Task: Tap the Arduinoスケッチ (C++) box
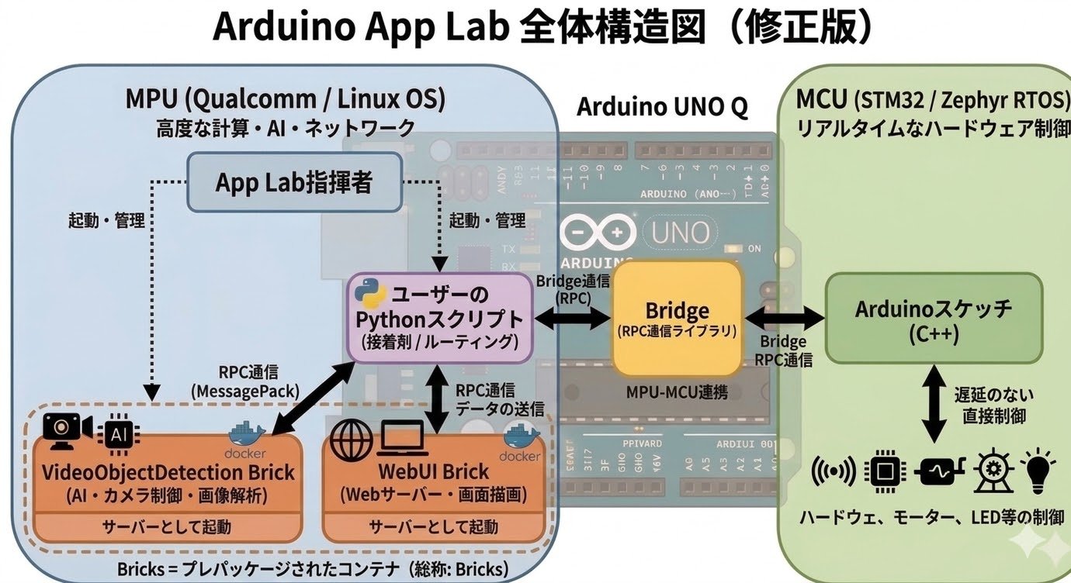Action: click(x=933, y=319)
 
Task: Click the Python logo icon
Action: click(x=370, y=296)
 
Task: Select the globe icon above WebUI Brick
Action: click(x=347, y=441)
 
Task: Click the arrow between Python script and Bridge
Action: click(x=573, y=318)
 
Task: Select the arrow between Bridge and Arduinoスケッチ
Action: click(x=783, y=317)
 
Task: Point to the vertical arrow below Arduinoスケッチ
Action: click(x=934, y=405)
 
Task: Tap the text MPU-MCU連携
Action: click(x=676, y=392)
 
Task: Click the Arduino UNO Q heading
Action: click(x=661, y=108)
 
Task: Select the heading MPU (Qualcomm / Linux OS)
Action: click(x=285, y=99)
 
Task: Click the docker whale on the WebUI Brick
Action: click(x=521, y=436)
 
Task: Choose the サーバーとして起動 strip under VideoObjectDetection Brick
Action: click(x=167, y=527)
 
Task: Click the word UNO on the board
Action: click(x=680, y=232)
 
